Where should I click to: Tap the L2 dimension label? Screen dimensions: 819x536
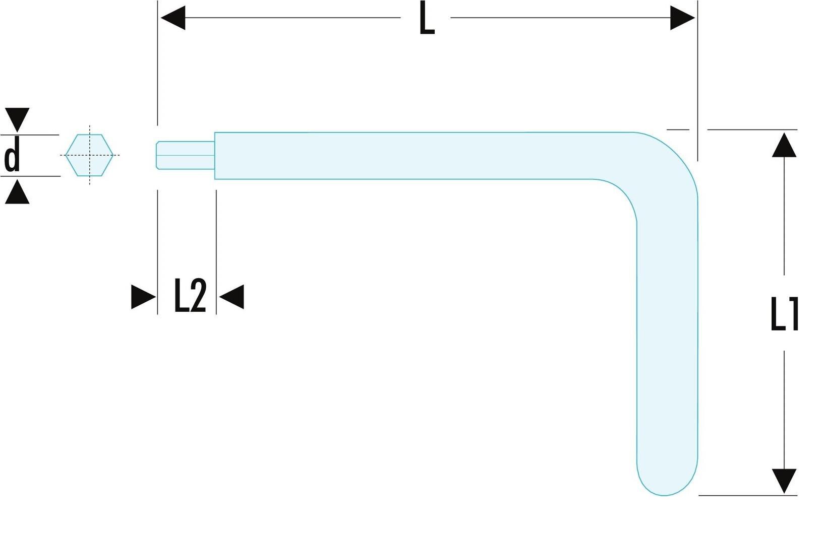(191, 295)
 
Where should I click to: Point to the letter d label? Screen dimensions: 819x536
(12, 156)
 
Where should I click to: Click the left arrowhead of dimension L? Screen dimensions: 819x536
(173, 18)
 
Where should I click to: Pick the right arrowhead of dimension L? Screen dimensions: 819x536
(682, 18)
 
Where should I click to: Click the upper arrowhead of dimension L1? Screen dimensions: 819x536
(784, 145)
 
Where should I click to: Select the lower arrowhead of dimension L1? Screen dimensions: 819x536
(784, 481)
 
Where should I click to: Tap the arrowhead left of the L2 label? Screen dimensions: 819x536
(143, 297)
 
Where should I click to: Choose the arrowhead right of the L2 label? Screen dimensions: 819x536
(231, 297)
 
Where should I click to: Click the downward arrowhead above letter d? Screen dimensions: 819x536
(17, 120)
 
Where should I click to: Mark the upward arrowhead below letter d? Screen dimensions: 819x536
(17, 191)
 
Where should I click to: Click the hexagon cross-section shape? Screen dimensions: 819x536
(89, 155)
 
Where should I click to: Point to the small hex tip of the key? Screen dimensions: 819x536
(186, 156)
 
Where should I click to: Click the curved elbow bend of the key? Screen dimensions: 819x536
(655, 172)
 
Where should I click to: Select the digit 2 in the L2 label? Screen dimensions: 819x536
(199, 295)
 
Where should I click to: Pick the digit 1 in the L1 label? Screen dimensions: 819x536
(792, 314)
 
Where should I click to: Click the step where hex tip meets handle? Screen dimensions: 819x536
(215, 156)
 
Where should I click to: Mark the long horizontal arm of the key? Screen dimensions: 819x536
(421, 156)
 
